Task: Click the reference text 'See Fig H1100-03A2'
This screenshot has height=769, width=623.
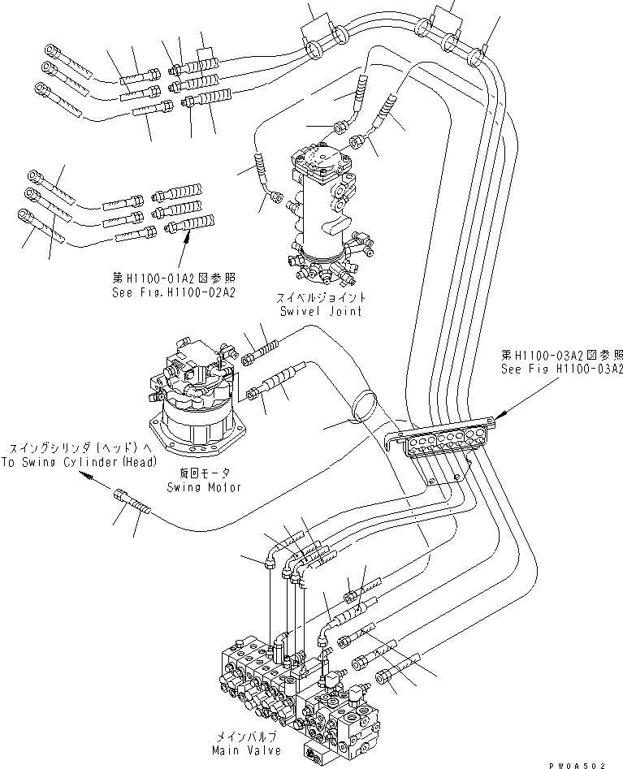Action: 561,369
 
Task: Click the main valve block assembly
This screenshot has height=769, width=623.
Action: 301,690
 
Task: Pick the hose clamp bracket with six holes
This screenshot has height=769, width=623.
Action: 439,441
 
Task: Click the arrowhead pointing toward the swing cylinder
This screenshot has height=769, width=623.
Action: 87,480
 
